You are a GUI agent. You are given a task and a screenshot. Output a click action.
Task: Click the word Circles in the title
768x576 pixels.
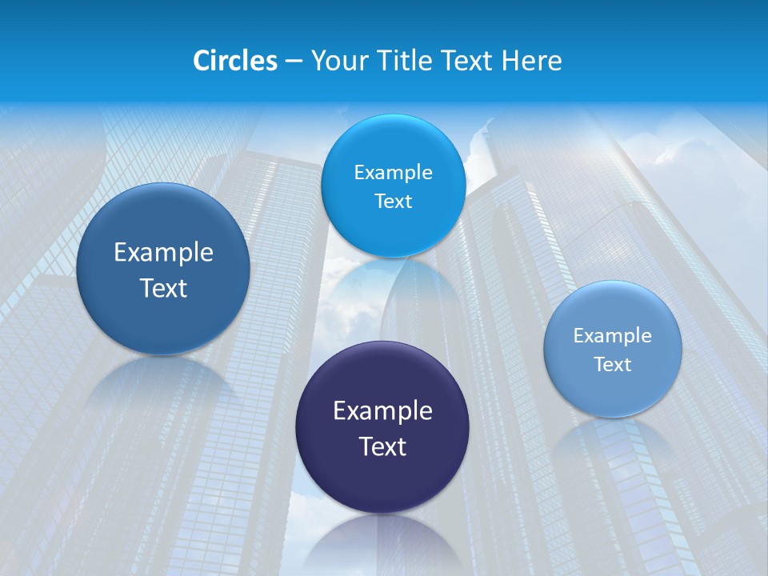click(x=234, y=61)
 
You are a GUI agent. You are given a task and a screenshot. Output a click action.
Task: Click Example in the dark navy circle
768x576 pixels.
click(x=382, y=411)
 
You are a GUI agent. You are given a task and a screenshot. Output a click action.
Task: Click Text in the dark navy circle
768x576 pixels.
click(x=382, y=446)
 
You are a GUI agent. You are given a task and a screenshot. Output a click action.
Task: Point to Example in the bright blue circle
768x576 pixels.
click(x=393, y=173)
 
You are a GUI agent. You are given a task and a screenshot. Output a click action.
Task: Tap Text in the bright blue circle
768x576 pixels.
click(x=393, y=201)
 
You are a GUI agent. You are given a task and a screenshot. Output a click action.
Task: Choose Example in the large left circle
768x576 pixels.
click(x=163, y=253)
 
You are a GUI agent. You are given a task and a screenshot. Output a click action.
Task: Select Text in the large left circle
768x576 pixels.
click(x=163, y=288)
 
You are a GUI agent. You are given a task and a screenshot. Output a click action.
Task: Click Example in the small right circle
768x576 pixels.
click(x=613, y=336)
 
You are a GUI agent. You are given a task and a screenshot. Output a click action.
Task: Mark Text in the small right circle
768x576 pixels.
click(x=613, y=365)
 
